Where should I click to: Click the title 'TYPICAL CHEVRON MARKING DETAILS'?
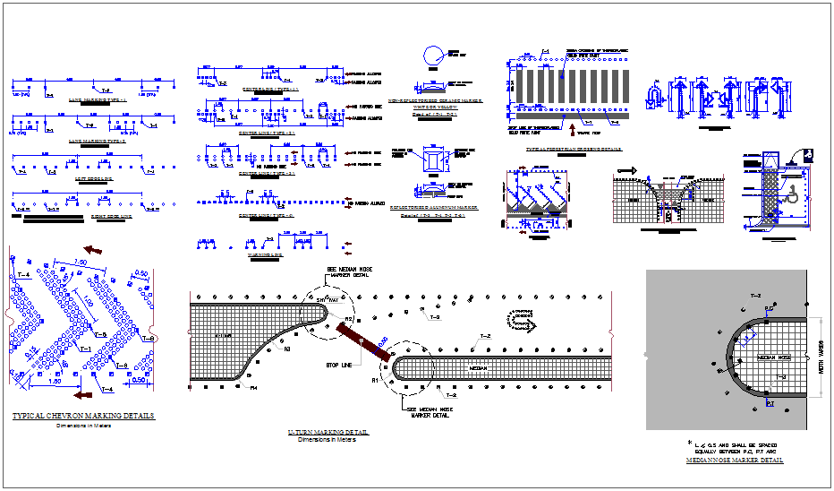click(x=83, y=416)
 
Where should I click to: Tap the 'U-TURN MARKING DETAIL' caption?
click(x=328, y=433)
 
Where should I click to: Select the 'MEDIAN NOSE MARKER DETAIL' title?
click(x=734, y=460)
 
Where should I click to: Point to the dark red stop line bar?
click(x=362, y=343)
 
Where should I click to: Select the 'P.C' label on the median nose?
click(x=769, y=307)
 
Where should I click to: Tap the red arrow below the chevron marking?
click(x=85, y=393)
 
